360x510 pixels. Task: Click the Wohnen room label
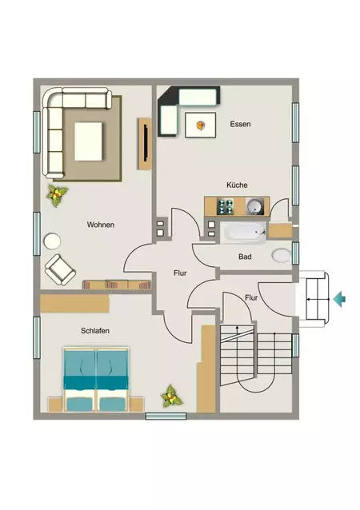tap(101, 225)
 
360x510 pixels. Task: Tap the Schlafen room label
tap(95, 331)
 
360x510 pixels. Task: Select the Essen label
tap(240, 124)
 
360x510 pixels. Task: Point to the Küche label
tap(237, 185)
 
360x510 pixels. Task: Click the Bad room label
tap(245, 257)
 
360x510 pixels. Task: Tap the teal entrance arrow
tap(339, 299)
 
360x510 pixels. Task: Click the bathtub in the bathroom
tap(243, 233)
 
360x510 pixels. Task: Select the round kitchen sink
tap(254, 206)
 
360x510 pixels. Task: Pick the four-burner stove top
tap(226, 206)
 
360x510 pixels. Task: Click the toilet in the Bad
tap(282, 256)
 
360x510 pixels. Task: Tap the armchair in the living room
tap(60, 269)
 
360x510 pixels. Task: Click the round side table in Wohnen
tap(53, 241)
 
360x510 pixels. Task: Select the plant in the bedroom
tap(171, 396)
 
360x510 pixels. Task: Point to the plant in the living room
tap(57, 196)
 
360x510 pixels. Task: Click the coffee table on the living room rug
tap(88, 141)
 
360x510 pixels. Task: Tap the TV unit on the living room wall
tap(145, 144)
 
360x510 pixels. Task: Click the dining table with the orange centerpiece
tap(200, 126)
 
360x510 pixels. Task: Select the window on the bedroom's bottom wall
tap(166, 416)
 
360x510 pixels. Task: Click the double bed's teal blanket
tap(95, 382)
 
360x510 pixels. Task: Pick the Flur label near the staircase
tap(251, 298)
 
